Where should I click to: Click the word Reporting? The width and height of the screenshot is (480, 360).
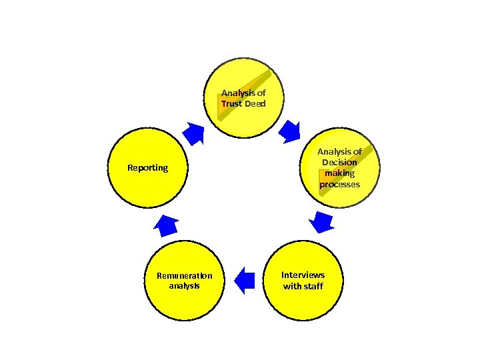click(147, 167)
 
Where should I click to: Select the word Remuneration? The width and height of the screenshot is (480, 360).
click(184, 275)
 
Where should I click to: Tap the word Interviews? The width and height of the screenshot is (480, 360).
click(303, 275)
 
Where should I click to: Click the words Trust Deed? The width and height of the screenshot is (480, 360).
click(243, 104)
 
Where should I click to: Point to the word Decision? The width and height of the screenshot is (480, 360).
click(339, 162)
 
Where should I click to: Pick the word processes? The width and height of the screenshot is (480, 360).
click(339, 184)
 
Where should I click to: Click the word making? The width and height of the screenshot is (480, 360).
click(339, 173)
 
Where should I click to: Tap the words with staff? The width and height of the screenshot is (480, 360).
click(303, 286)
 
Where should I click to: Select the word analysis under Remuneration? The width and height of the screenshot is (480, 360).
click(184, 286)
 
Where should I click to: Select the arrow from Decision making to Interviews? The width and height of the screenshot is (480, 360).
click(323, 221)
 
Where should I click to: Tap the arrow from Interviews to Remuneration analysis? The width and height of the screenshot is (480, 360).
click(245, 280)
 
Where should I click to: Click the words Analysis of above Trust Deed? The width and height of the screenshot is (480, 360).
click(243, 93)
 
